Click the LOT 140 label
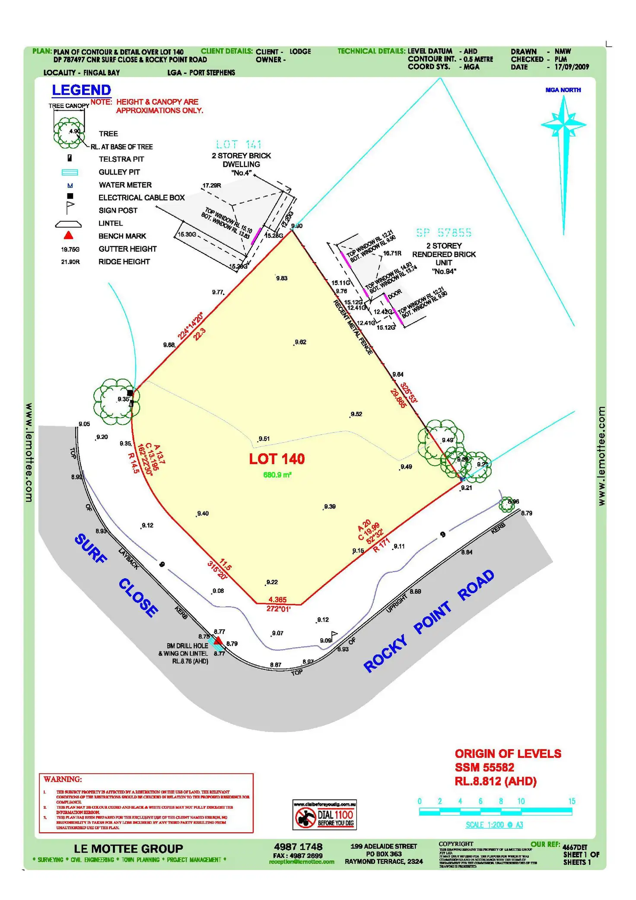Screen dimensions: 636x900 (277, 459)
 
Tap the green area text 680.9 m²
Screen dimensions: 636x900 (277, 475)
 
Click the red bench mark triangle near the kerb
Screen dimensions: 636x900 (219, 640)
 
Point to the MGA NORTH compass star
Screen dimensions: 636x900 (563, 125)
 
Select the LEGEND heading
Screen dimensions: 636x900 (81, 90)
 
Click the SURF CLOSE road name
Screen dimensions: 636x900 (116, 575)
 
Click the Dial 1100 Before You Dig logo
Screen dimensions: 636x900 (324, 814)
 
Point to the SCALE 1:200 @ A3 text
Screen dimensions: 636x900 (494, 825)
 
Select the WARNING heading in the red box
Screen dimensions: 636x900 (63, 779)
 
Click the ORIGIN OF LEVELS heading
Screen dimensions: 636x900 (508, 754)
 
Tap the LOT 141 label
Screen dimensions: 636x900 (239, 144)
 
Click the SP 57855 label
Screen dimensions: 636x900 (444, 232)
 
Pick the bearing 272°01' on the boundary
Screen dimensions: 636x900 (278, 609)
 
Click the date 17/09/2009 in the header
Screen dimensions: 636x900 (572, 67)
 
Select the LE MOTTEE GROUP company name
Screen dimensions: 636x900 (128, 849)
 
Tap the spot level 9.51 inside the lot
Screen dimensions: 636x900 (264, 439)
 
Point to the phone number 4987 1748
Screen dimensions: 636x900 (298, 847)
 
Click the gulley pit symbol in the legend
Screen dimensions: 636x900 (70, 172)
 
